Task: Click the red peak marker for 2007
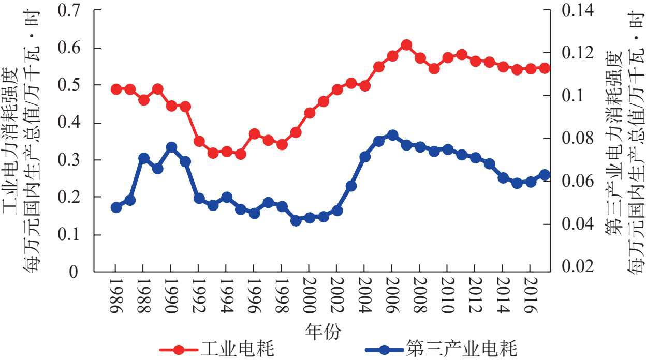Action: tap(406, 45)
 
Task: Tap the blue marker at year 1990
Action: tap(172, 147)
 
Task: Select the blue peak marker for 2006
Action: tap(392, 136)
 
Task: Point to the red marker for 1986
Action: tap(116, 89)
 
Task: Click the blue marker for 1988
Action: tap(144, 158)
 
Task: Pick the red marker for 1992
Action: tap(199, 141)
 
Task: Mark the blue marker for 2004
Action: tap(365, 157)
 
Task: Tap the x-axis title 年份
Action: tap(323, 331)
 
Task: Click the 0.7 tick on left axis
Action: tap(73, 10)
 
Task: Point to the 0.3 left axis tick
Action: tap(73, 160)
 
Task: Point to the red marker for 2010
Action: tap(448, 57)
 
